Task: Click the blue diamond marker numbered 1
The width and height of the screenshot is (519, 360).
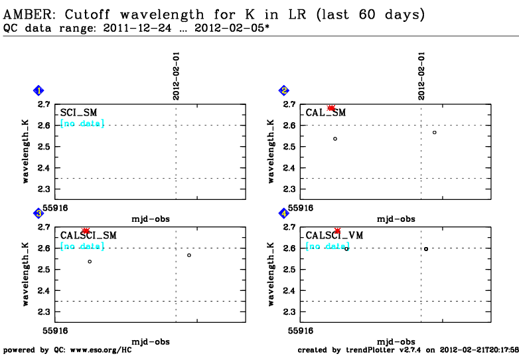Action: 39,90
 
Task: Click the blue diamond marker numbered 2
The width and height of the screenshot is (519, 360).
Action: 284,90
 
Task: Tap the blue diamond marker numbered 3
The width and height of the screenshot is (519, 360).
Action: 39,213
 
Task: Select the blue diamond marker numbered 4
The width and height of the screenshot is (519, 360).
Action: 284,213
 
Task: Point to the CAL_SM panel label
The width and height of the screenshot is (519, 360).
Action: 326,113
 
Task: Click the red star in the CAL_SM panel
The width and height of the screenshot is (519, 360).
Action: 331,108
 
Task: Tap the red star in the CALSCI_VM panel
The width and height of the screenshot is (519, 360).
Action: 337,231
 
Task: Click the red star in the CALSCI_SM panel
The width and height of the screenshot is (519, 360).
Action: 86,230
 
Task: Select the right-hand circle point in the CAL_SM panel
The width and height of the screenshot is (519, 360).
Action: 435,132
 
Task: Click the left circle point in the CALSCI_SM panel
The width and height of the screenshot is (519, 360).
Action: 90,261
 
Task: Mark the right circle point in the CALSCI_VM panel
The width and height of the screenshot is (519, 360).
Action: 426,249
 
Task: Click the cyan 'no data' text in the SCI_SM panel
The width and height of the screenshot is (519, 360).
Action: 82,124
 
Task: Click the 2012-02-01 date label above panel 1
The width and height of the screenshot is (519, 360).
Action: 177,78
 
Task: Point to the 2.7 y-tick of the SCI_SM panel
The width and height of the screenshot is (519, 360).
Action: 43,104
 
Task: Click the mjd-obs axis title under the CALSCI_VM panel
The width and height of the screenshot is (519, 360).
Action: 396,341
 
